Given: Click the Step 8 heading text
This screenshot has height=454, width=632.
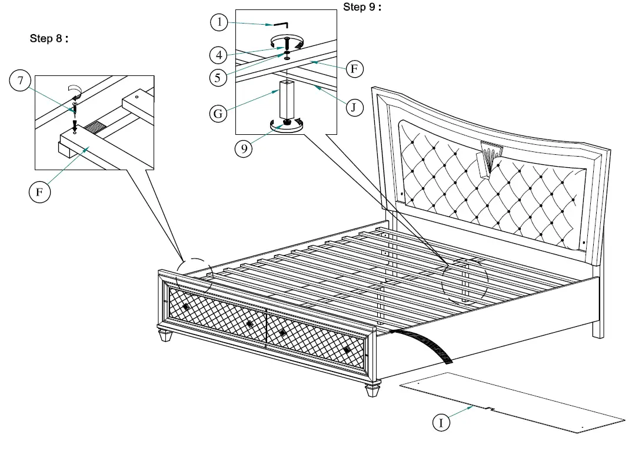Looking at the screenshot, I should tap(49, 39).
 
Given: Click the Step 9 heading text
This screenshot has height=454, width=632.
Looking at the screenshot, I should tap(362, 8).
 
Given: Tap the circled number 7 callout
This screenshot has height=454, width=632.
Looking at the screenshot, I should tap(20, 81).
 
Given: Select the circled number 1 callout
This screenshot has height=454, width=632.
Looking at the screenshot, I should tap(219, 23).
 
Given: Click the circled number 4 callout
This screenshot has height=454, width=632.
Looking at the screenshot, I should tap(219, 55).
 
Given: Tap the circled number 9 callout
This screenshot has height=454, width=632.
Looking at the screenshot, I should tap(243, 148).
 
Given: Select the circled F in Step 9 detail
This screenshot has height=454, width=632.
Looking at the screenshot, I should tap(353, 69).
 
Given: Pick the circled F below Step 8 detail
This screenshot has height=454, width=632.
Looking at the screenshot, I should tap(39, 192).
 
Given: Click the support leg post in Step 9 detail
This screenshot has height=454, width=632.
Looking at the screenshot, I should tap(287, 100).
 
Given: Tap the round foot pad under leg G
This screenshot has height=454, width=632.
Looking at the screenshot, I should tap(287, 125).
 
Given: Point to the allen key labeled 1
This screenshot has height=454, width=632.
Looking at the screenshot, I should tap(280, 25).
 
